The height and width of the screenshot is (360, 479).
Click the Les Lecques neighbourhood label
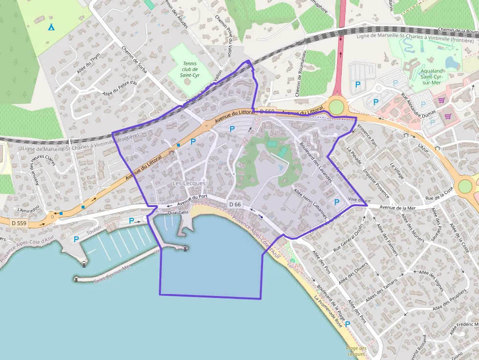(189, 183)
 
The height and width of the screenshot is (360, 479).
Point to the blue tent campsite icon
(51, 27)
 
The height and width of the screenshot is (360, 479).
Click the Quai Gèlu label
(177, 212)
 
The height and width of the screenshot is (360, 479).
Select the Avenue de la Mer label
(397, 208)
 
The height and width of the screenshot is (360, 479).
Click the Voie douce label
(359, 200)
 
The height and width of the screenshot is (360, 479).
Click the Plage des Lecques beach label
(356, 350)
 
